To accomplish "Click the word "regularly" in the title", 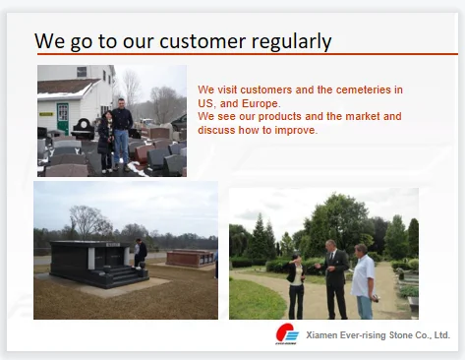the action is click(291, 41).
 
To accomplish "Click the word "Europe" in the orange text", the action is click(260, 104).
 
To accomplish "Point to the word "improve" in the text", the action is click(295, 131).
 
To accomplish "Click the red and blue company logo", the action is click(287, 333).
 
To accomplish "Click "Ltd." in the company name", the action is click(442, 335).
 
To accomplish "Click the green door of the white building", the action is click(62, 118).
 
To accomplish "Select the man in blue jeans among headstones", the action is click(122, 135).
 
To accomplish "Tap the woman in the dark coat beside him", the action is click(105, 142).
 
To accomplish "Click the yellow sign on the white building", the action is click(46, 114).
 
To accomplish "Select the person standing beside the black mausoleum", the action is click(140, 254).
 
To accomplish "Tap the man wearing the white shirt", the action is click(364, 281).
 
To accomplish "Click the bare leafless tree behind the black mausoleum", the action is click(87, 222).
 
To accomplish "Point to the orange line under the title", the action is click(248, 54).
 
